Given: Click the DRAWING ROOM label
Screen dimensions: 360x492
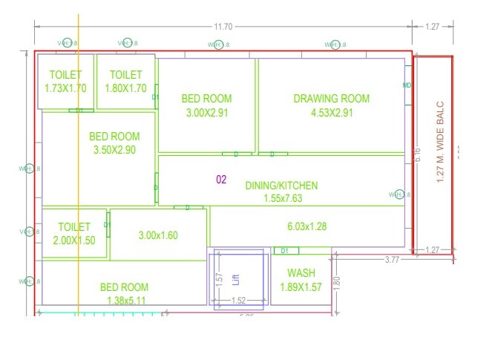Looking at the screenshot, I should [x=331, y=99].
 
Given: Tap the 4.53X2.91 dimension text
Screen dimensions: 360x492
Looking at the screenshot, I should [x=331, y=113].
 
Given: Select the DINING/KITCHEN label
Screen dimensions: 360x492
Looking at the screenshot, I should [x=281, y=186].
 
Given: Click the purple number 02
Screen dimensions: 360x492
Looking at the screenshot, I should [x=221, y=180].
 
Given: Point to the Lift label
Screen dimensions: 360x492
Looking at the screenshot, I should [x=236, y=279].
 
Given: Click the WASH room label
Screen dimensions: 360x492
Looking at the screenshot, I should [x=301, y=273].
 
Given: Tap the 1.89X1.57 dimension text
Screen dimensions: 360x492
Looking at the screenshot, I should [x=301, y=287].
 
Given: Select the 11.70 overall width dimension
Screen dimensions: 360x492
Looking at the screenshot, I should [x=223, y=27].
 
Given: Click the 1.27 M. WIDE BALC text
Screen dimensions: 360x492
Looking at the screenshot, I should [x=440, y=143].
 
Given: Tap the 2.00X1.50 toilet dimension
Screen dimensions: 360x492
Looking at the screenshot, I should [x=74, y=240].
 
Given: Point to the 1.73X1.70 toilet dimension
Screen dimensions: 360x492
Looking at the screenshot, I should [x=65, y=88].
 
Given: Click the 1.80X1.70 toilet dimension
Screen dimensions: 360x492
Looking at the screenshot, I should [x=125, y=88].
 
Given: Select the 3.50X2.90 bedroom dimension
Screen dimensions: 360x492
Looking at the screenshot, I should [x=114, y=150].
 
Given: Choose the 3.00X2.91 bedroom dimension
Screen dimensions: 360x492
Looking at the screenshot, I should [x=206, y=113].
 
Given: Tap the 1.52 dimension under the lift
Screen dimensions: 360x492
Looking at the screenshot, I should [x=238, y=301].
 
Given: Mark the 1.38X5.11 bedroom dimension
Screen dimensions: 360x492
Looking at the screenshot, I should [x=124, y=301].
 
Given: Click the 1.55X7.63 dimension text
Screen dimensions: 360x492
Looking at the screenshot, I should [x=281, y=199].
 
